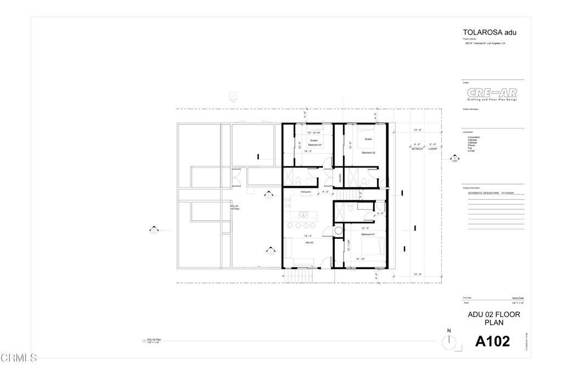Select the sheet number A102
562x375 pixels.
point(492,342)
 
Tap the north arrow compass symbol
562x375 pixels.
point(449,341)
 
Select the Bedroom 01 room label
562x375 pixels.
point(368,234)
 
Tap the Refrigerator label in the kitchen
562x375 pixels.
point(306,192)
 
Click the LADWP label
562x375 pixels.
point(432,149)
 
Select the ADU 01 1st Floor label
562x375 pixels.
point(234,208)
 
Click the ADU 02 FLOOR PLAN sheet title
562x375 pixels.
point(493,318)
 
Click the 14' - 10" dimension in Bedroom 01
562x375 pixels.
point(361,259)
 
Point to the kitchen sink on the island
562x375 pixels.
point(302,214)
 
